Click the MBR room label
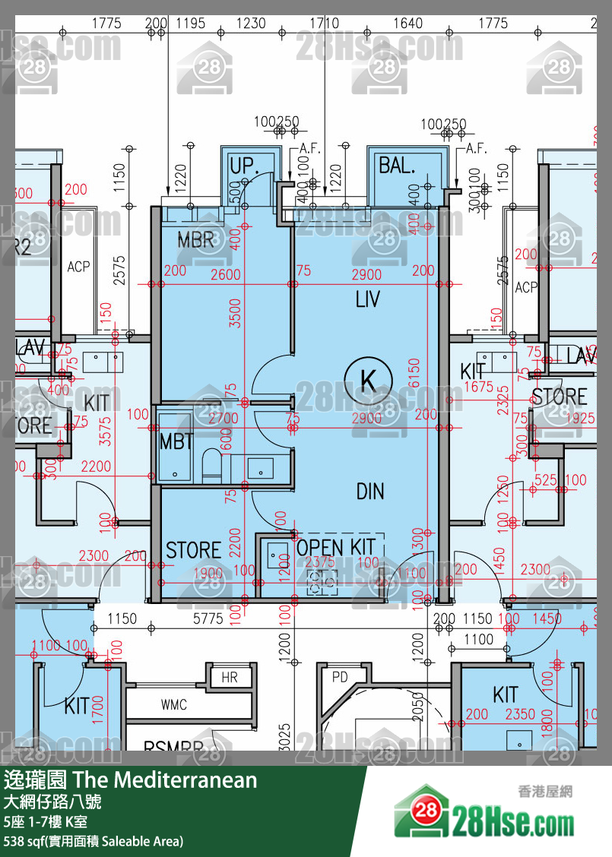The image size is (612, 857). click(x=196, y=239)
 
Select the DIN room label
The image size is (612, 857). click(x=370, y=492)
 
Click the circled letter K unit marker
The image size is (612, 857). click(x=368, y=377)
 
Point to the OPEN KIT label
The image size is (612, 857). click(x=335, y=547)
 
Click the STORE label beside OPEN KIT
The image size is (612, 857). click(x=193, y=550)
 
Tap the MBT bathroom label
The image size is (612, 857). click(x=176, y=441)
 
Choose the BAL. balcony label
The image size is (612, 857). click(x=397, y=165)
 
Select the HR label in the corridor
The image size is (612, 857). click(x=229, y=677)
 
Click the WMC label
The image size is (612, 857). click(x=173, y=705)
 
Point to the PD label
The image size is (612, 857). click(x=339, y=675)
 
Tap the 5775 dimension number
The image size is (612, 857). click(x=208, y=618)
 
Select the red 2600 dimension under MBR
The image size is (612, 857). click(x=226, y=274)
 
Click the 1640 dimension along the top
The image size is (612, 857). click(x=408, y=24)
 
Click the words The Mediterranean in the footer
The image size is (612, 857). click(x=165, y=780)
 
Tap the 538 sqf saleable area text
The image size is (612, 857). click(x=93, y=841)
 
